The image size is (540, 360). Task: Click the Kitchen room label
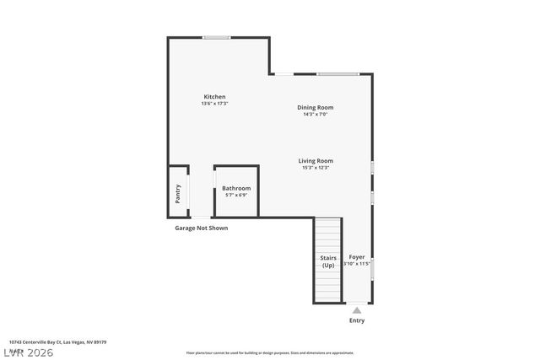click(214, 97)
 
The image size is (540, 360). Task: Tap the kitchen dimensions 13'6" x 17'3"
click(214, 104)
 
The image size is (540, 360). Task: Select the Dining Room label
click(315, 107)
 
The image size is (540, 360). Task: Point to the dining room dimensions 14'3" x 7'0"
click(315, 114)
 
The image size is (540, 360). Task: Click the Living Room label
click(315, 161)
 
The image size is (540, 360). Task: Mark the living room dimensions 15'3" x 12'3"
click(315, 168)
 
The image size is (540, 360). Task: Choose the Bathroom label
click(236, 188)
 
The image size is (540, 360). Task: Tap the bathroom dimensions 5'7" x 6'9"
click(236, 195)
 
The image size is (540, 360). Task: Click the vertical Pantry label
click(178, 193)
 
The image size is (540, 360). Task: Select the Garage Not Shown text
click(201, 228)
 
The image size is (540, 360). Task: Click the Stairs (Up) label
click(328, 261)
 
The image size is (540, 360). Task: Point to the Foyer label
click(357, 256)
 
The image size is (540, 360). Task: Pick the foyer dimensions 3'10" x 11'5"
click(357, 264)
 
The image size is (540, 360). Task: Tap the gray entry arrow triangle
click(357, 310)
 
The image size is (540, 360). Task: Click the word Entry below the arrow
click(357, 320)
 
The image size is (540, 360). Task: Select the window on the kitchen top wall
click(217, 37)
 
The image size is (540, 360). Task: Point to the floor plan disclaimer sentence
click(269, 352)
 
